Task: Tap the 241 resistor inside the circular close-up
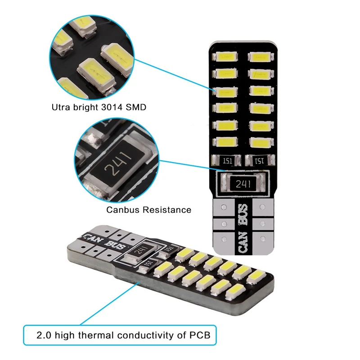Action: (x=113, y=169)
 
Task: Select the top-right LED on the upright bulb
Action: (x=259, y=57)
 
